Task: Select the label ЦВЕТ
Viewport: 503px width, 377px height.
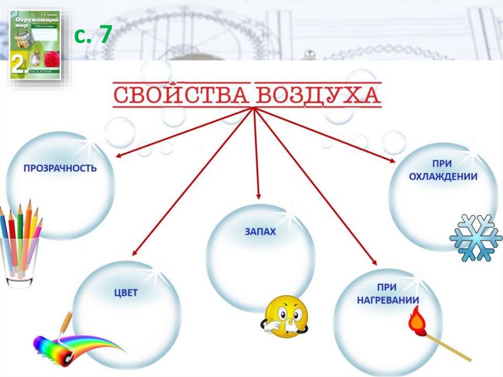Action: point(126,293)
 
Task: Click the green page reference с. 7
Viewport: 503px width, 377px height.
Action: point(93,35)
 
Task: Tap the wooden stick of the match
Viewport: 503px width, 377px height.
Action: point(449,348)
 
